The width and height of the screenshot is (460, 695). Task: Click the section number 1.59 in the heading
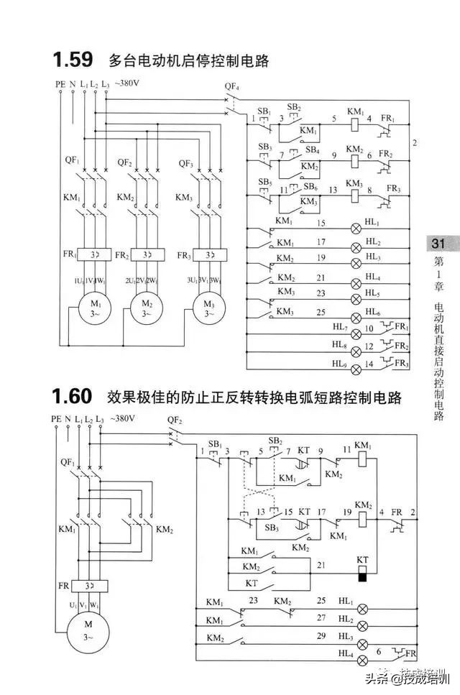pos(72,60)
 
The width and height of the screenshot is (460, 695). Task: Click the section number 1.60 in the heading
pos(72,397)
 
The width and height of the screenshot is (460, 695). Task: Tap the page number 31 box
pos(438,244)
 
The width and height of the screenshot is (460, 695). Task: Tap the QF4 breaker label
pos(231,88)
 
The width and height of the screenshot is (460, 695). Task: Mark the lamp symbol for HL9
pos(355,364)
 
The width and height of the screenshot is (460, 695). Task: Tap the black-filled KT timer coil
pos(363,576)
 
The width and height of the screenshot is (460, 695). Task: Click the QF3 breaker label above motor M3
pos(185,162)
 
